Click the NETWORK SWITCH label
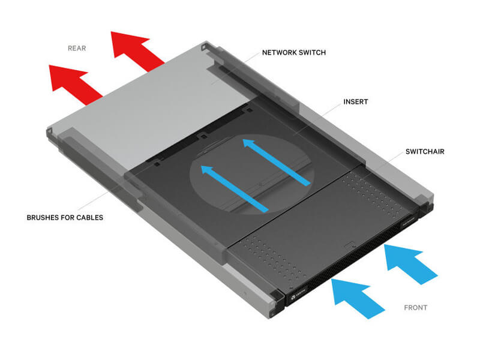294,52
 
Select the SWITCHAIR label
425,152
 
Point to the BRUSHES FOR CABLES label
65,217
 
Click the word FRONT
416,308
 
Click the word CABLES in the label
89,217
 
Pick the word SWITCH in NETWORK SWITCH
311,52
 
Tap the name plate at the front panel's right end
410,220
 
